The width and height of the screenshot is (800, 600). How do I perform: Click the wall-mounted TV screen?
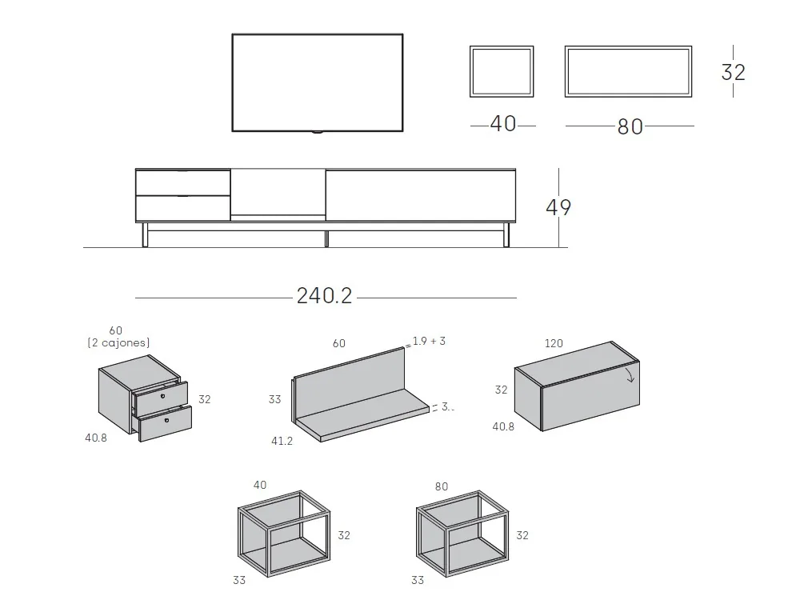(x=318, y=82)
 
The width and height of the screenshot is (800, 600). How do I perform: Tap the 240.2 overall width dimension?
(x=324, y=296)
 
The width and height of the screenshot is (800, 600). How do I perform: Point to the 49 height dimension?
(x=558, y=207)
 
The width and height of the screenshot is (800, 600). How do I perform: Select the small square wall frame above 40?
(x=502, y=71)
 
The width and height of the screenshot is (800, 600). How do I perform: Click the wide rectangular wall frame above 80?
(x=628, y=71)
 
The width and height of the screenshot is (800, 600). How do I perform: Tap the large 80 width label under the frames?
(x=630, y=126)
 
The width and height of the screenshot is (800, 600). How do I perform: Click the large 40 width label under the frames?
(x=503, y=124)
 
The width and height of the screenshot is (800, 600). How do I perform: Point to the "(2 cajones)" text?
(x=118, y=342)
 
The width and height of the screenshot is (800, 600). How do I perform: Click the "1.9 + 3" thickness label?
(x=429, y=341)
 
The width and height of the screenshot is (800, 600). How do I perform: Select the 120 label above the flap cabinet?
(x=554, y=343)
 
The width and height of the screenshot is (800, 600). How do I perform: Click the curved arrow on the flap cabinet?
(x=630, y=373)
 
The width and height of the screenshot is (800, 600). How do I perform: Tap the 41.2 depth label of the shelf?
(x=282, y=441)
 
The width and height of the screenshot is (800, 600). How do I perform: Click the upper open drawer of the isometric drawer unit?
(x=162, y=395)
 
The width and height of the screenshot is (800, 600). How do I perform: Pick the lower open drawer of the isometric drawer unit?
(x=166, y=422)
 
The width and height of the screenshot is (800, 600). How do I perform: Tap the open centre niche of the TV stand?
(x=278, y=192)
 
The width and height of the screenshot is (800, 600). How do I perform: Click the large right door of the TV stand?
(x=420, y=195)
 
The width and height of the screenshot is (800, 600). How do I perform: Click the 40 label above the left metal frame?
(x=260, y=485)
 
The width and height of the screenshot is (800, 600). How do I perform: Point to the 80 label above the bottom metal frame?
(x=441, y=486)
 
